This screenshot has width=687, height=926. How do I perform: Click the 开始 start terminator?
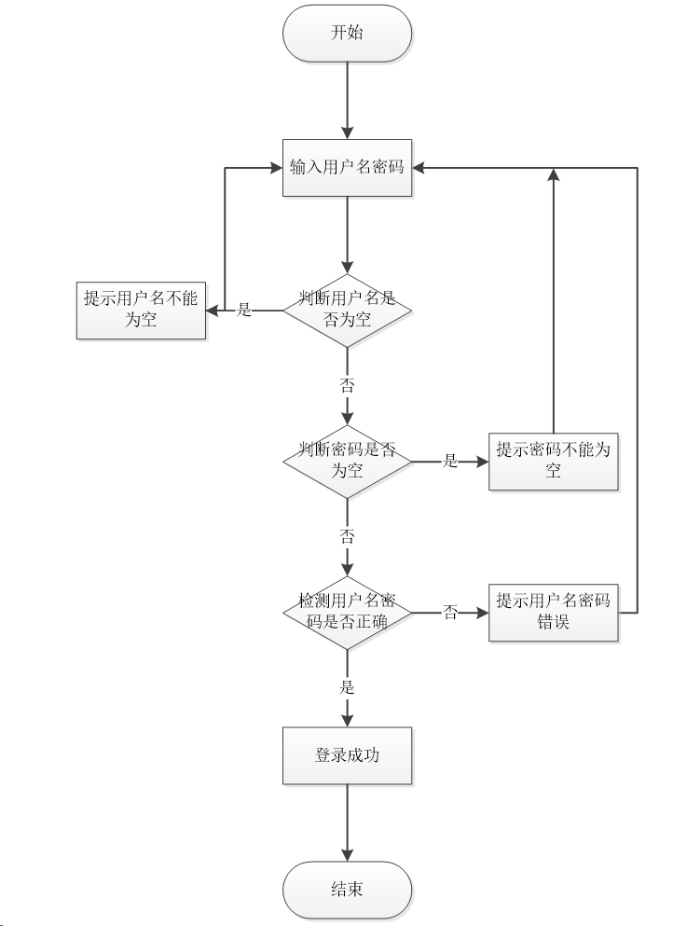[347, 33]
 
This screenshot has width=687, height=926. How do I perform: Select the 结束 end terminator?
[347, 890]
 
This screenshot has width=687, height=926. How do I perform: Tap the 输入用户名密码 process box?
[347, 168]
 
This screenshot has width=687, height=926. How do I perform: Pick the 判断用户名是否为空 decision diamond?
[347, 310]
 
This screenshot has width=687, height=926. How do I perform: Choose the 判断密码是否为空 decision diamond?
[347, 462]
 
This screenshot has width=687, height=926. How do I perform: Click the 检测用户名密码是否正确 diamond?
[347, 613]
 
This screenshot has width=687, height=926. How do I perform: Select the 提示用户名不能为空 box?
[141, 311]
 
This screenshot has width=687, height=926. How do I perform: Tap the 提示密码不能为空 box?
[554, 462]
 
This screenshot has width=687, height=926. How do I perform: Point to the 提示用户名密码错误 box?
[554, 613]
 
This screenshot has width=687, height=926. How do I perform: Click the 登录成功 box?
[347, 756]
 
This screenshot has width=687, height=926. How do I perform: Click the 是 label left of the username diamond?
[244, 310]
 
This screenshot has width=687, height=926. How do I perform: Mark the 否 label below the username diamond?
[347, 386]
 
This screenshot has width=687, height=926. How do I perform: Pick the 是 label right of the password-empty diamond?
[450, 462]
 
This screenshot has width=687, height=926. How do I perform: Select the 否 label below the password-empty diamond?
[347, 537]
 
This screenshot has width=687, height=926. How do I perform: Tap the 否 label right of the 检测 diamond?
[450, 613]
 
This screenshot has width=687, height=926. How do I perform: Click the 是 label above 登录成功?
[347, 687]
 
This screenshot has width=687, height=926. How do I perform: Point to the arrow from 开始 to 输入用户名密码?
[347, 101]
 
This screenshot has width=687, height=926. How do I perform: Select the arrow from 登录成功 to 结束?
[347, 822]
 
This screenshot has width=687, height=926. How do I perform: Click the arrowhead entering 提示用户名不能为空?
[212, 311]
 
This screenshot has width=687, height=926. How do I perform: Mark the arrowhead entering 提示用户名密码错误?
[483, 613]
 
